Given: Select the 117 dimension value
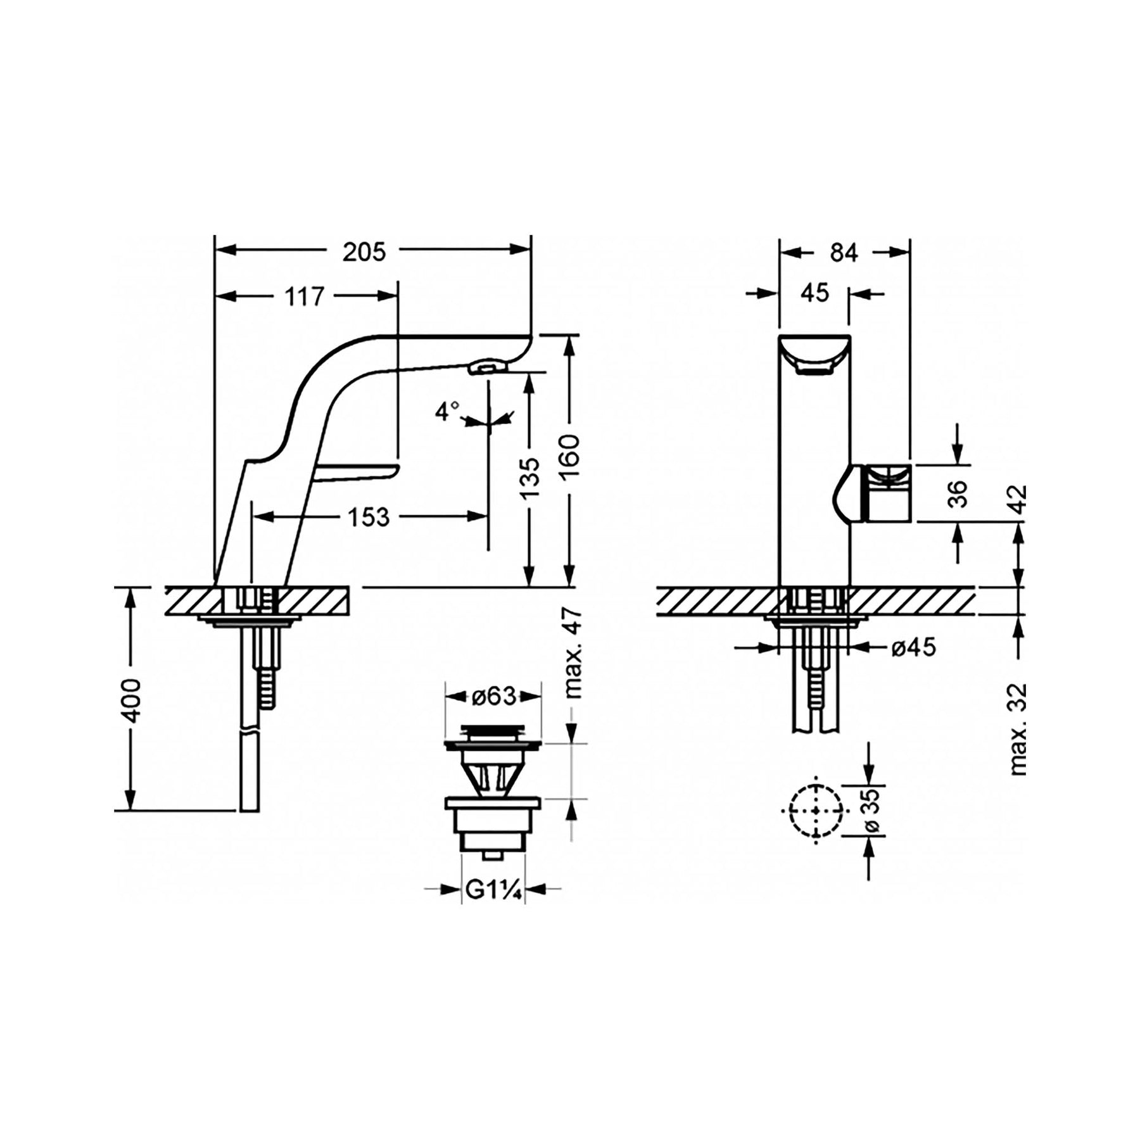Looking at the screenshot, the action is [x=304, y=296].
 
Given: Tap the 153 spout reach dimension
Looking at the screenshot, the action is [x=368, y=517].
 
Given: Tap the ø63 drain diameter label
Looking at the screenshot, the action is [x=493, y=697].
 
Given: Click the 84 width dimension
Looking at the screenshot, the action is [x=844, y=253].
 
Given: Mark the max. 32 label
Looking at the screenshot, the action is [x=1018, y=729].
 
